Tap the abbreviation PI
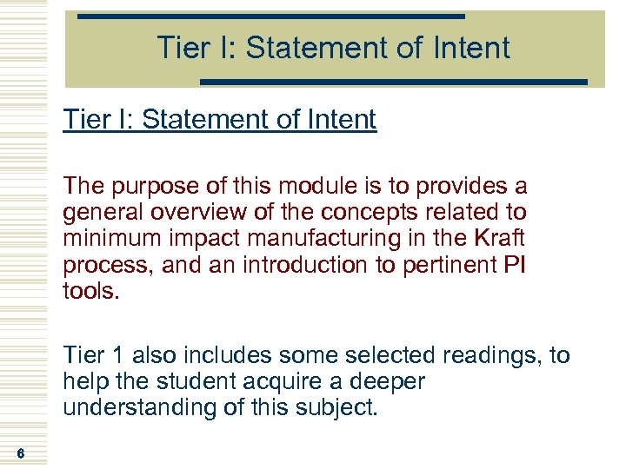click(x=514, y=264)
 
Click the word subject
click(x=343, y=407)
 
